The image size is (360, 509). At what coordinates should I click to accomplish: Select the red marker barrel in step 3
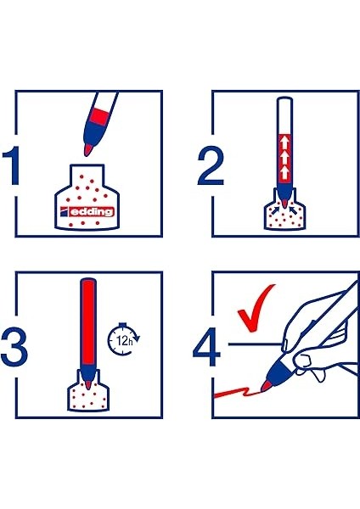tap(87, 322)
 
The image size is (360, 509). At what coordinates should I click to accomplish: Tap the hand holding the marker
tap(318, 339)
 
